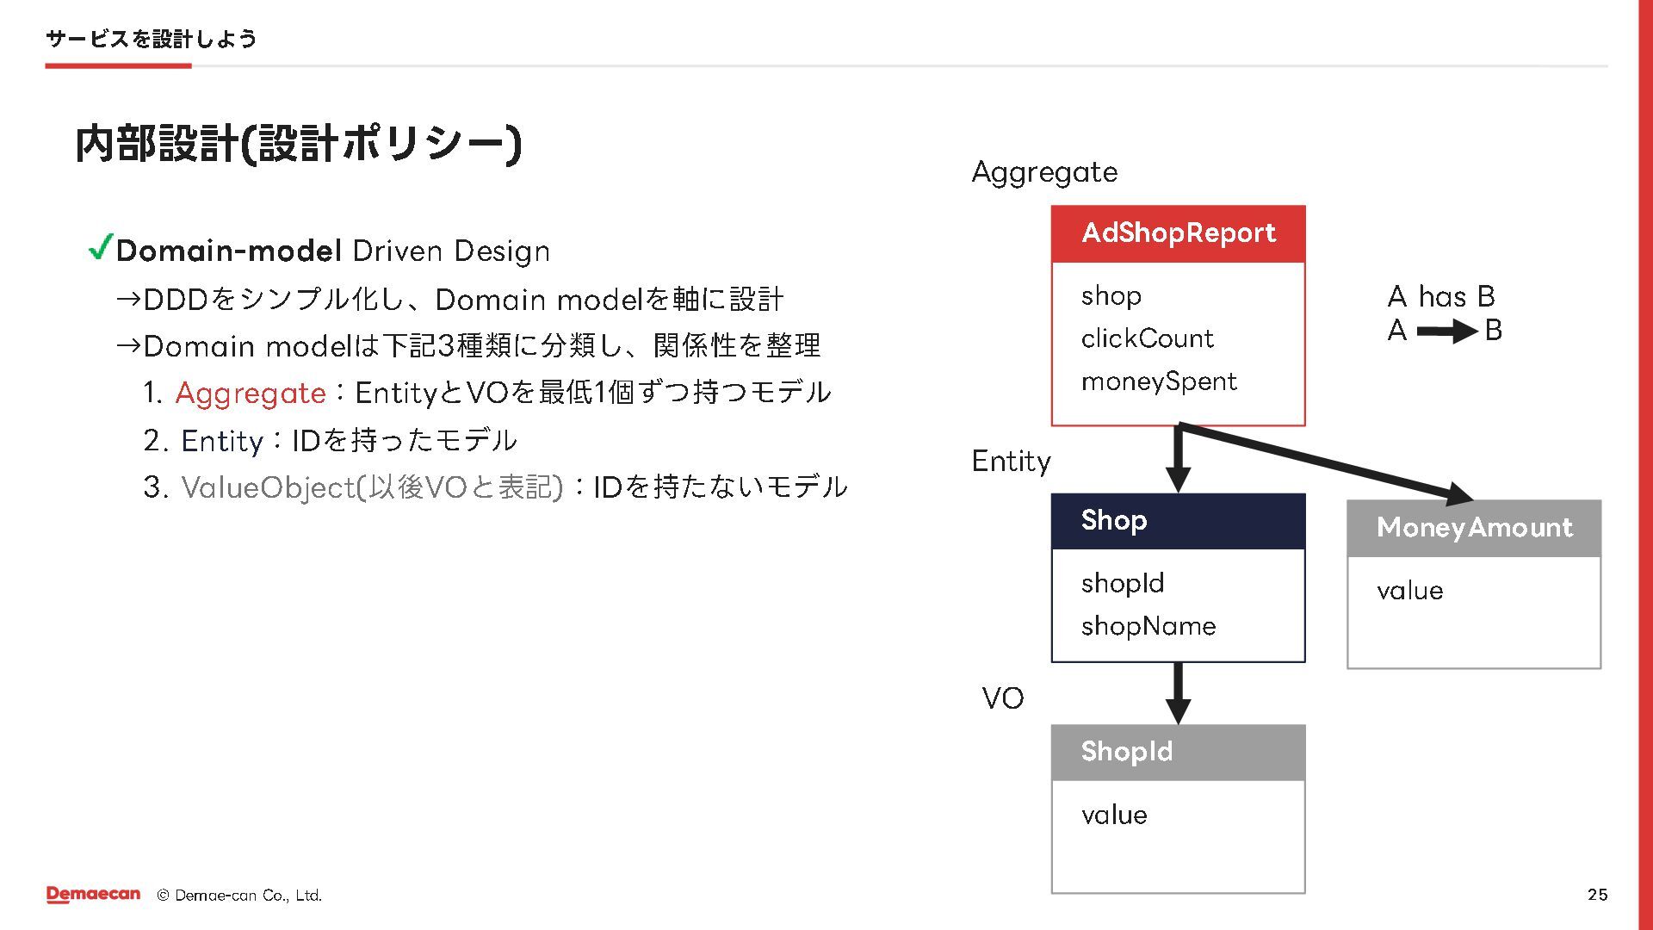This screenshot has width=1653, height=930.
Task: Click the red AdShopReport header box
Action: click(x=1178, y=233)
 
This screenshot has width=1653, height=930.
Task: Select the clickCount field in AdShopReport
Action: click(x=1147, y=338)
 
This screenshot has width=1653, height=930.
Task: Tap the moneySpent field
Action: click(x=1159, y=381)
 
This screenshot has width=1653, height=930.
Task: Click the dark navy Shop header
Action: click(x=1178, y=521)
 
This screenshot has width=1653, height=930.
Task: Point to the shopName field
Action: click(x=1148, y=626)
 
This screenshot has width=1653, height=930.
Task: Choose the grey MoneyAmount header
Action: click(x=1474, y=528)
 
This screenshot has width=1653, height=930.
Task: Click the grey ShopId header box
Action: click(x=1178, y=752)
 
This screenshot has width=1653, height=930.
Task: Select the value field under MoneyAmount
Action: click(x=1409, y=591)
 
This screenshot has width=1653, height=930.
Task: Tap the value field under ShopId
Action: click(x=1114, y=815)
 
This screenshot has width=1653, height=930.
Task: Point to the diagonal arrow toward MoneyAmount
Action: click(x=1326, y=462)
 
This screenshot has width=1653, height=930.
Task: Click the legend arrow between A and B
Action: click(x=1446, y=331)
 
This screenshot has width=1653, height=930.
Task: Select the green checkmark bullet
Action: click(x=101, y=248)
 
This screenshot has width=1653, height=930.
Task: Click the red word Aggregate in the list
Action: click(x=251, y=394)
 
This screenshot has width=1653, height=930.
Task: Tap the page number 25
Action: click(x=1597, y=895)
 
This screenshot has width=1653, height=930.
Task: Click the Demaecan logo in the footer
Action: click(x=93, y=895)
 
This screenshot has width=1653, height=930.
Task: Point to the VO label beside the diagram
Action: click(x=1003, y=698)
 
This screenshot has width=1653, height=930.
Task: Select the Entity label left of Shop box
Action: click(x=1011, y=462)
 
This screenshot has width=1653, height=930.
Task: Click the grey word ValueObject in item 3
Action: click(x=268, y=487)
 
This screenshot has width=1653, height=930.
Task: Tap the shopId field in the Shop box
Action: click(x=1123, y=583)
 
